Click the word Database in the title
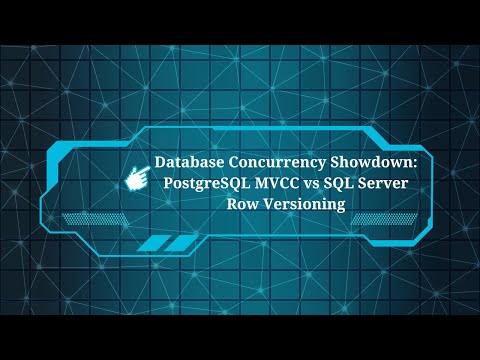click(x=188, y=161)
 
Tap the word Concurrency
click(x=263, y=161)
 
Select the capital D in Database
click(x=160, y=161)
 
